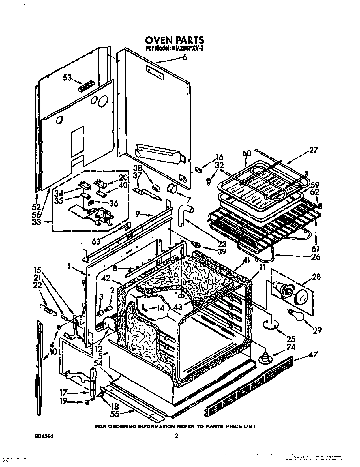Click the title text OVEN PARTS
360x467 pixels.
[175, 39]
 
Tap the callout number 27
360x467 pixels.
[314, 151]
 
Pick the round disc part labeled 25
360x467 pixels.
[270, 324]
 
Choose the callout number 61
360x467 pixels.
[315, 249]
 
